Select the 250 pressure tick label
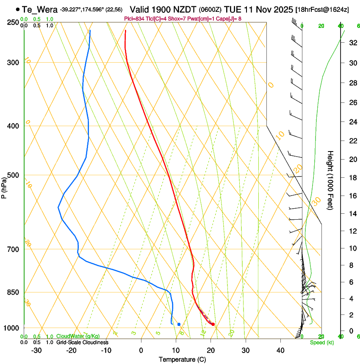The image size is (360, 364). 13,22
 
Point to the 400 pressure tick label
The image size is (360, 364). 13,126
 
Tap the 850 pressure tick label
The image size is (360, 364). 13,292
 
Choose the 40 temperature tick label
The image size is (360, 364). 280,350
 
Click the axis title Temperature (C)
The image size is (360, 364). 182,359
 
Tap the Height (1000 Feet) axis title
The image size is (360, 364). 330,180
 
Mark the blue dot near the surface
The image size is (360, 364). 179,324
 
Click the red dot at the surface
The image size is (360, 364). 213,325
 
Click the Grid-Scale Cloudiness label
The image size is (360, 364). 82,342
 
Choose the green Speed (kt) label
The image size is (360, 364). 321,342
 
